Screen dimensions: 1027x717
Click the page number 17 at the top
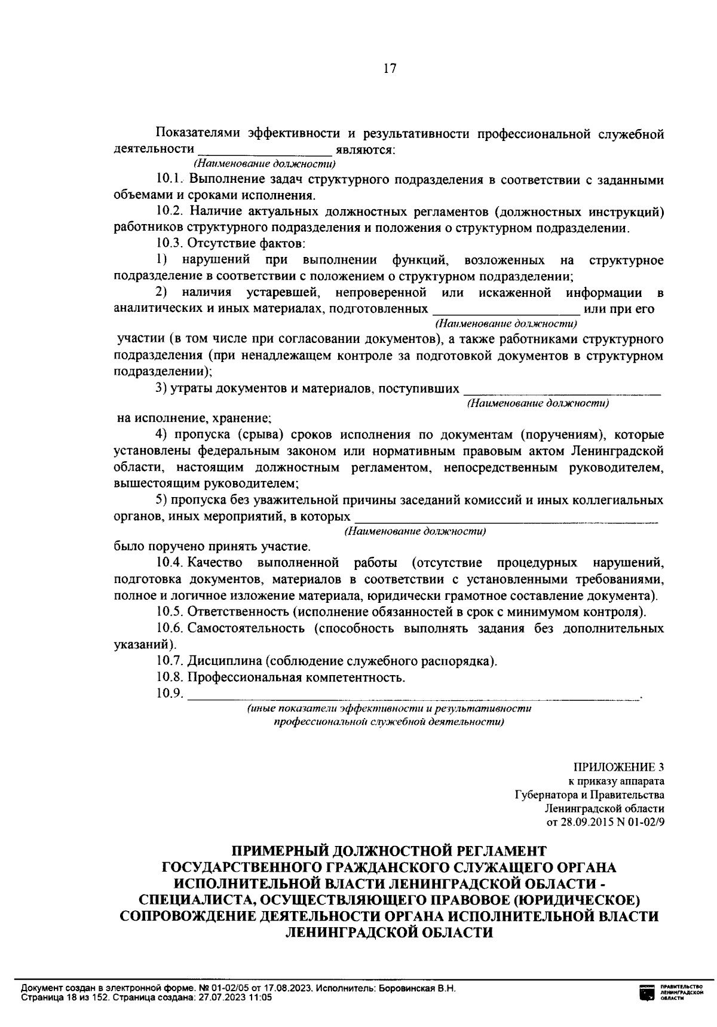point(389,68)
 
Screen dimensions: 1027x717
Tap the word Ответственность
point(238,612)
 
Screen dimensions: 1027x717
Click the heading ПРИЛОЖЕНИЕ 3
point(618,768)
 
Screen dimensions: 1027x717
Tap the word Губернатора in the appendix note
point(547,795)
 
